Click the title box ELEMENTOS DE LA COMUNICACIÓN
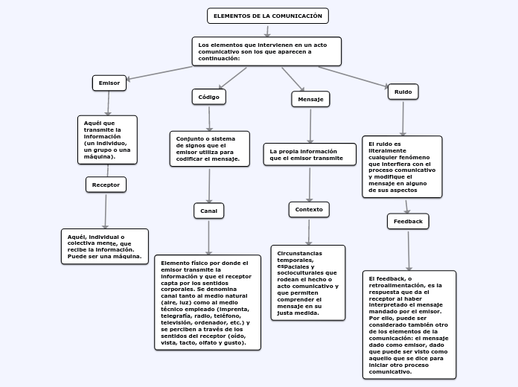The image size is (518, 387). tap(267, 16)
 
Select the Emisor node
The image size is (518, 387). tap(109, 83)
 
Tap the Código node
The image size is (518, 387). tap(208, 97)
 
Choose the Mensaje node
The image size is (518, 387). tap(310, 99)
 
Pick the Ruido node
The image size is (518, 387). tap(403, 92)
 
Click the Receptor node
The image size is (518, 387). tap(106, 185)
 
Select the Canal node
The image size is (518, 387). tap(209, 211)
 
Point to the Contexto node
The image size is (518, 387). tap(309, 210)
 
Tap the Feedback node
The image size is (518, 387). tap(408, 221)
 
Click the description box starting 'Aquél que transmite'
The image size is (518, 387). tap(107, 139)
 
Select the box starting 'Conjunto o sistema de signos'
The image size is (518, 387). tap(209, 149)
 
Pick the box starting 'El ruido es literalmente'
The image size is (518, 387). tap(402, 167)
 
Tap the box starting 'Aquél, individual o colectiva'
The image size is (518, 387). tap(104, 246)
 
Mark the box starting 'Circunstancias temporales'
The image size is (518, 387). tap(307, 283)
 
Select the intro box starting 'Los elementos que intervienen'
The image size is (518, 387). tap(266, 51)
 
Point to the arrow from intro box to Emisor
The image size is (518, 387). tap(160, 73)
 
